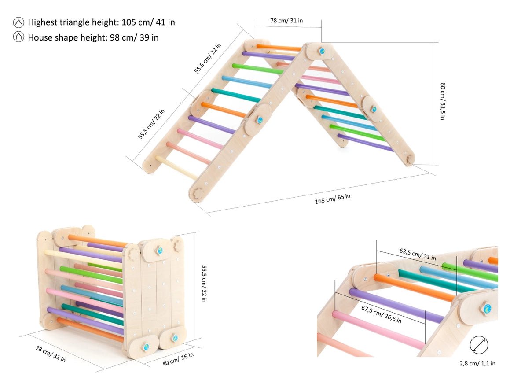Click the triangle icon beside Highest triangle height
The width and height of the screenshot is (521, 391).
18,22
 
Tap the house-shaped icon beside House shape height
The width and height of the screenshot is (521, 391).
18,37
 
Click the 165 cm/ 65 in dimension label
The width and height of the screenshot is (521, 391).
333,199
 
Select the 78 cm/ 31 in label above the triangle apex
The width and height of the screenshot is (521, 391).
286,21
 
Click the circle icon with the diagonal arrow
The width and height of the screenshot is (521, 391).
478,345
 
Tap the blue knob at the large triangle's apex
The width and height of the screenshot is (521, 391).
322,52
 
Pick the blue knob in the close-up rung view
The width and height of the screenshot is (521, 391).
487,309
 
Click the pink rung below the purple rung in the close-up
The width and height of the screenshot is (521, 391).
378,328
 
